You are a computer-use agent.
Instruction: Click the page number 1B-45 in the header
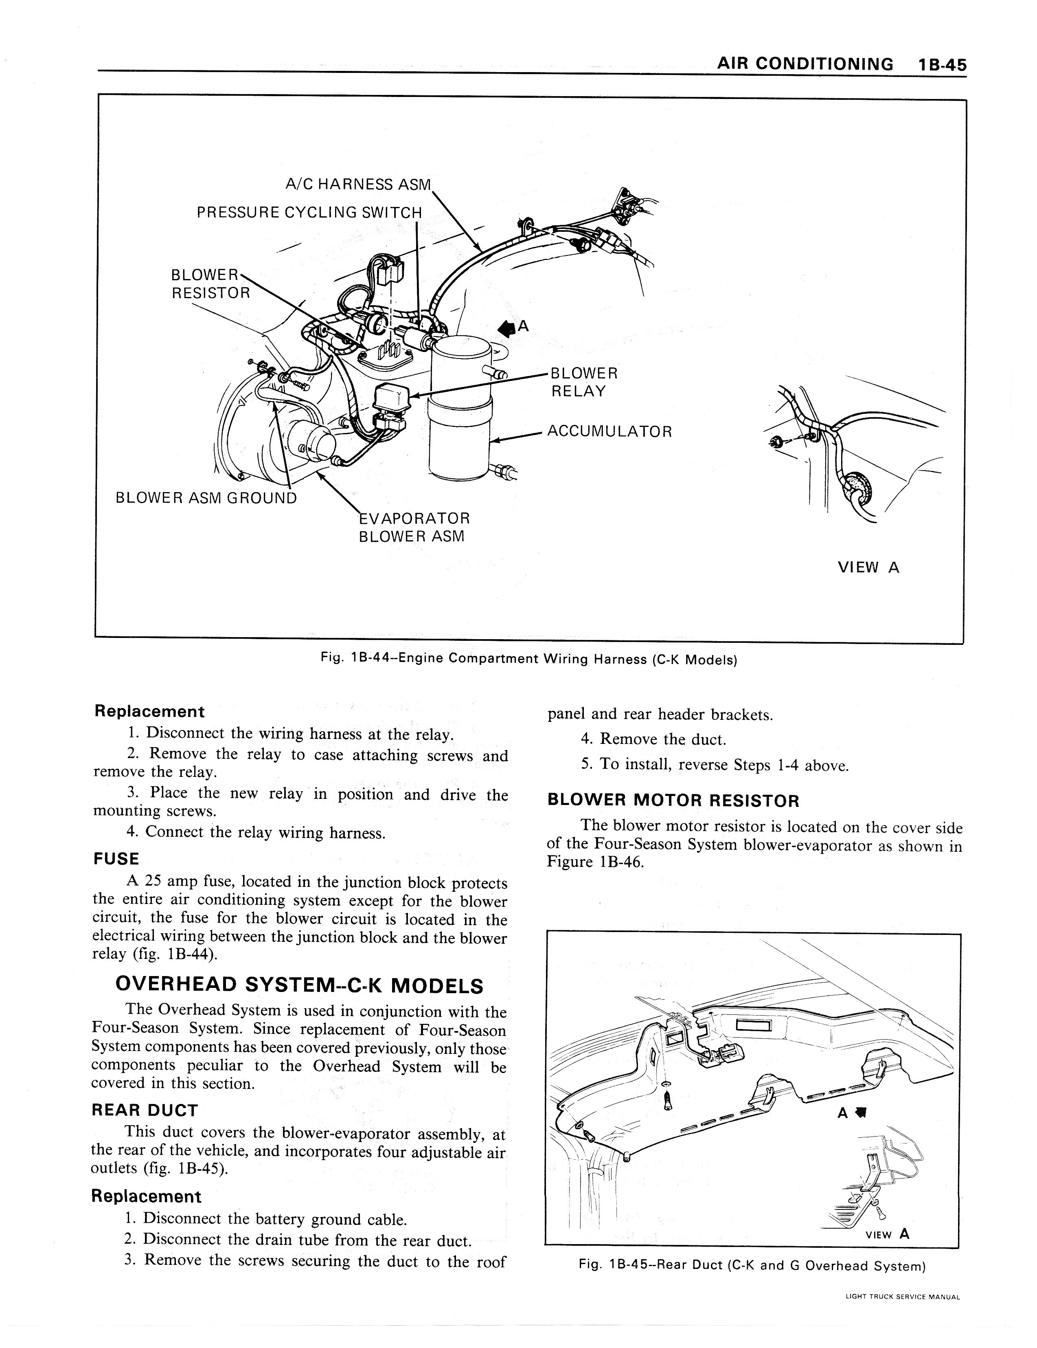click(941, 64)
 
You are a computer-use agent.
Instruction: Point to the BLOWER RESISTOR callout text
click(210, 283)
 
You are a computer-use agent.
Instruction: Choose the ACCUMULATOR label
click(609, 431)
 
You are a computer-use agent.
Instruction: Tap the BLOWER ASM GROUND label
click(206, 497)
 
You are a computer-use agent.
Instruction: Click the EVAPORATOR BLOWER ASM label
click(414, 526)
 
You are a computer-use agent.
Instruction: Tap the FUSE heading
click(116, 859)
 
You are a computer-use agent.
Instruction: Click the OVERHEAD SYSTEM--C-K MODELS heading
click(299, 985)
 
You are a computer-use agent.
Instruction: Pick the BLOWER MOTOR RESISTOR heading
click(673, 801)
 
